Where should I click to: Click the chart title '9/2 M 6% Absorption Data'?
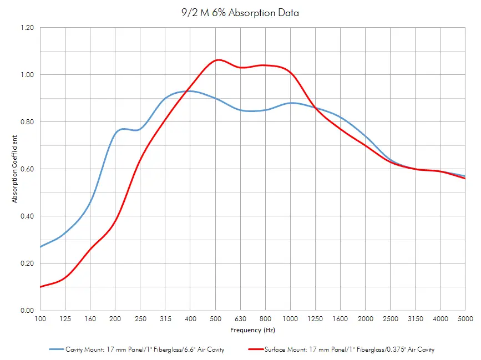pyautogui.click(x=240, y=13)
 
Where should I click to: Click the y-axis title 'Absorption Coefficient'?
pyautogui.click(x=15, y=169)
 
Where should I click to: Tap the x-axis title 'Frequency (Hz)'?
pyautogui.click(x=252, y=330)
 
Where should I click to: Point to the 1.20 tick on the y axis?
pyautogui.click(x=27, y=28)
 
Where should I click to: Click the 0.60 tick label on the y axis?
pyautogui.click(x=27, y=169)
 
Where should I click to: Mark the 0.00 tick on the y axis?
pyautogui.click(x=27, y=311)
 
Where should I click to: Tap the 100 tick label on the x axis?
pyautogui.click(x=40, y=318)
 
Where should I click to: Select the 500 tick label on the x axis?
pyautogui.click(x=215, y=318)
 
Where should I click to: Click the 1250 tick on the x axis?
pyautogui.click(x=315, y=318)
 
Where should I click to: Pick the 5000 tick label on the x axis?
pyautogui.click(x=465, y=318)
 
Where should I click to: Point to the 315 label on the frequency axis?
pyautogui.click(x=165, y=318)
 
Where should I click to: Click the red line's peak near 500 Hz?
pyautogui.click(x=218, y=59)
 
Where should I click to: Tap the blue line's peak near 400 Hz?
pyautogui.click(x=189, y=91)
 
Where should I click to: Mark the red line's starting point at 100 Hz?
pyautogui.click(x=40, y=287)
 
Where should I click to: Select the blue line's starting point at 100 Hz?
pyautogui.click(x=40, y=247)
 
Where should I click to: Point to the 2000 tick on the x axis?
pyautogui.click(x=365, y=318)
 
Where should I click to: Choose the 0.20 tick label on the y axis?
pyautogui.click(x=27, y=263)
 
